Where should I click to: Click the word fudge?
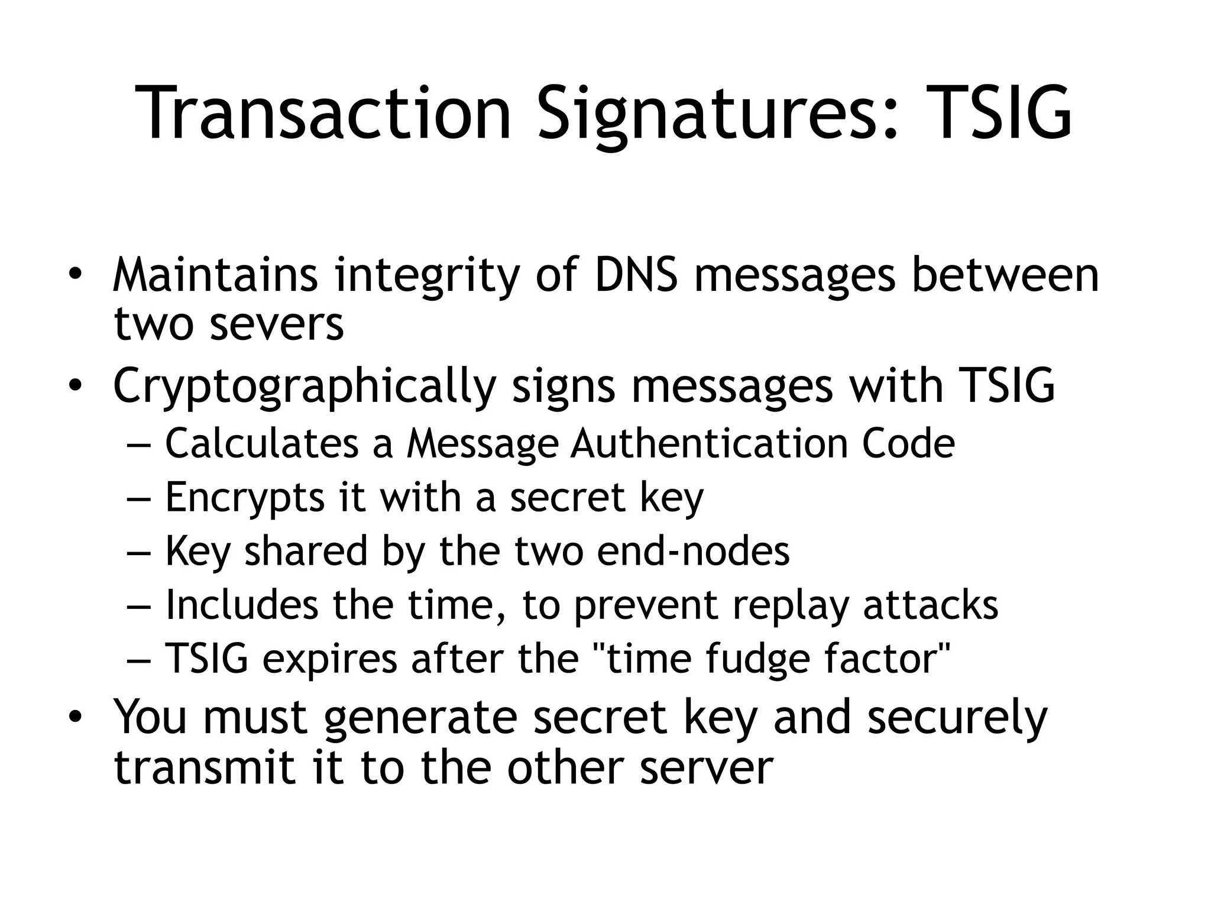pos(757,660)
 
